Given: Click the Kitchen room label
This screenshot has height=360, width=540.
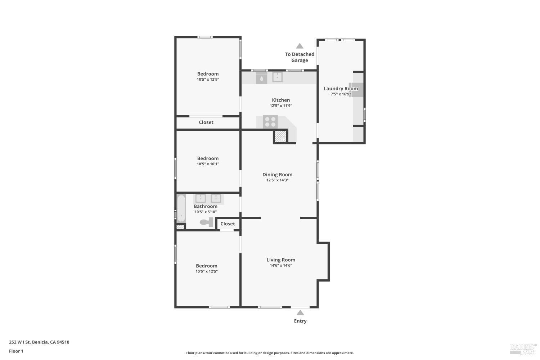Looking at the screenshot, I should [280, 100].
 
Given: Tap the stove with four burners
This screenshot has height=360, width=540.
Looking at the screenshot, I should [270, 122].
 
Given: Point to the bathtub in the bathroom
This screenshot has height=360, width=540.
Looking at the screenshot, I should [181, 208].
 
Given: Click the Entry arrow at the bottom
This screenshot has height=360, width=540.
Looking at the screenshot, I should [300, 312].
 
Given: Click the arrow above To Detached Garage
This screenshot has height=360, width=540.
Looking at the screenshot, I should [300, 46].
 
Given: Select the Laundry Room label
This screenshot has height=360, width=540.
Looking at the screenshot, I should [341, 89].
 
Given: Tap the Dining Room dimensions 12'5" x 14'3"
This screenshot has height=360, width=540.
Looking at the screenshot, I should [277, 180].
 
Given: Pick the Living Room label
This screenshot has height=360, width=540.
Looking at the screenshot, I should [281, 260].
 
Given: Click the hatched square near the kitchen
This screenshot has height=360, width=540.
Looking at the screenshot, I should [280, 136].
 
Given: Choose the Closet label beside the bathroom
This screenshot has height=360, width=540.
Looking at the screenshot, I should [228, 224].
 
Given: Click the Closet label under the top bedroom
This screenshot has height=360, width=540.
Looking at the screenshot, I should [206, 122].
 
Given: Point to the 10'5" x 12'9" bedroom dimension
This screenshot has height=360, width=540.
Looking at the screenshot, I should [208, 80].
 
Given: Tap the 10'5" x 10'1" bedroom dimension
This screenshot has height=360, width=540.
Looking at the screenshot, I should [208, 164].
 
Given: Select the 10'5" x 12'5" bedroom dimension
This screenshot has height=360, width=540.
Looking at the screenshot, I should [207, 271].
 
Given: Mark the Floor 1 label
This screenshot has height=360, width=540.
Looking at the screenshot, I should [16, 351].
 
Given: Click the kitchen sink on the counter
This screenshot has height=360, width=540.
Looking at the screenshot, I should [277, 77].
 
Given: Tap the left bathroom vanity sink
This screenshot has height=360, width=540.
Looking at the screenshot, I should [200, 198].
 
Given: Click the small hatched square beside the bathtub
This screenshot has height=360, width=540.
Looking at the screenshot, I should [180, 227].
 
